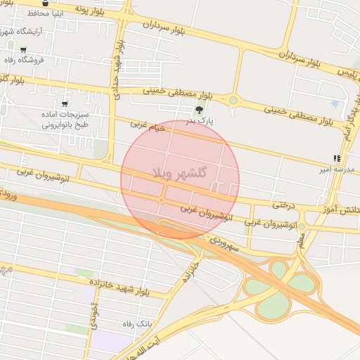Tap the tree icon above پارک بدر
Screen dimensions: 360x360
[199, 110]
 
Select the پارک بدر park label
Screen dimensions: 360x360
[199, 121]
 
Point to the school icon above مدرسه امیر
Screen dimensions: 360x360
[337, 159]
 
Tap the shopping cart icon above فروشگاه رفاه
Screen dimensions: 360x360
[23, 50]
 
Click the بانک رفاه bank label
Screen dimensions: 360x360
[136, 323]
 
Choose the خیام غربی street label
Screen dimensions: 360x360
[148, 127]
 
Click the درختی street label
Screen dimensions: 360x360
[282, 205]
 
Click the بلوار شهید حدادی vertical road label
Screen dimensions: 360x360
[117, 67]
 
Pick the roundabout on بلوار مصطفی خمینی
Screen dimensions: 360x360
[233, 101]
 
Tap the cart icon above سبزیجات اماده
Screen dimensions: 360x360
[65, 104]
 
